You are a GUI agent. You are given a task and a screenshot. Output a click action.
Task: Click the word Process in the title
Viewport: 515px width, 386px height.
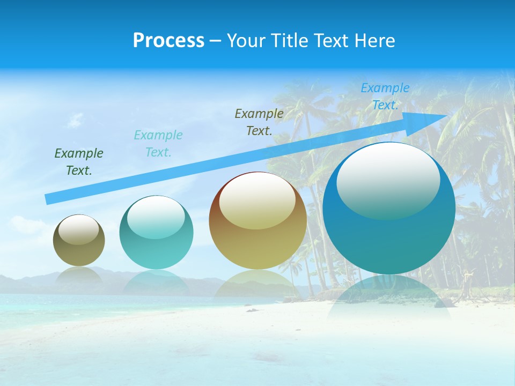[168, 41]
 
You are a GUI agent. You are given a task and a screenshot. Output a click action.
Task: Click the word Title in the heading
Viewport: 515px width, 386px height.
[289, 41]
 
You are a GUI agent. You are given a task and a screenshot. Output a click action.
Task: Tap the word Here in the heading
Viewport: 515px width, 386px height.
[375, 41]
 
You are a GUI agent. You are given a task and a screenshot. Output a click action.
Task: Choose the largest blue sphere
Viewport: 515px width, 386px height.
[389, 236]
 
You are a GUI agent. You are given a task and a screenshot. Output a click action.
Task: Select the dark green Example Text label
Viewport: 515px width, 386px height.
[79, 162]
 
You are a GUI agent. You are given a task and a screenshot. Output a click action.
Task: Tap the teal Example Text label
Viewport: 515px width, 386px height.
[158, 143]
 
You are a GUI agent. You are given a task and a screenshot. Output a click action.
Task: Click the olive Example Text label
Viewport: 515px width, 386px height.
[259, 122]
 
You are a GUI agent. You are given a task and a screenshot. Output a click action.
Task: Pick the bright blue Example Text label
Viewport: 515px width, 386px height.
[385, 96]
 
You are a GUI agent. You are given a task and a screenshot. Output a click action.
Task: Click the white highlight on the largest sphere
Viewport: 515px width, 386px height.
[388, 180]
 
